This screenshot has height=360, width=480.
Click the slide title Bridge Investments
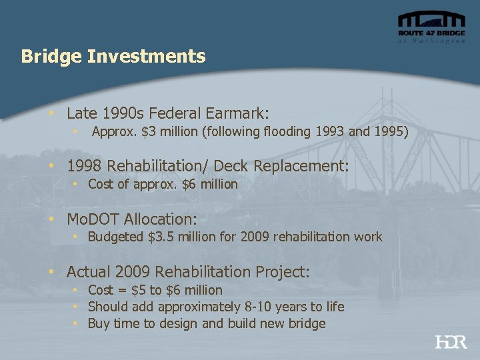pos(113,56)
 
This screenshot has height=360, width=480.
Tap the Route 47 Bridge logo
pos(431,27)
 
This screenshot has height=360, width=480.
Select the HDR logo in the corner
pos(451,342)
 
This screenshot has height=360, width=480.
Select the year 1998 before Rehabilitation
pos(85,165)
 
